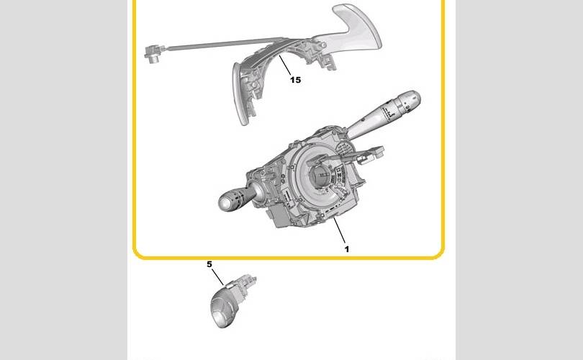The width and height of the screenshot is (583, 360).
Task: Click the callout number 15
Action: [295, 80]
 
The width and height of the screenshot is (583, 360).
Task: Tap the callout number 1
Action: [347, 249]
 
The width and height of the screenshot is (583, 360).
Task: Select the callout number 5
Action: [209, 264]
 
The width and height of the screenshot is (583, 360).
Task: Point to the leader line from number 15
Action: [285, 64]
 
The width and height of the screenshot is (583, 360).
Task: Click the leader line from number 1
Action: [339, 230]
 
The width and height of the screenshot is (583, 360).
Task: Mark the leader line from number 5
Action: [218, 277]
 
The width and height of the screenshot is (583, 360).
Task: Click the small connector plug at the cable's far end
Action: [154, 53]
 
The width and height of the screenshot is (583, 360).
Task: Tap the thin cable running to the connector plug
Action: [223, 43]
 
